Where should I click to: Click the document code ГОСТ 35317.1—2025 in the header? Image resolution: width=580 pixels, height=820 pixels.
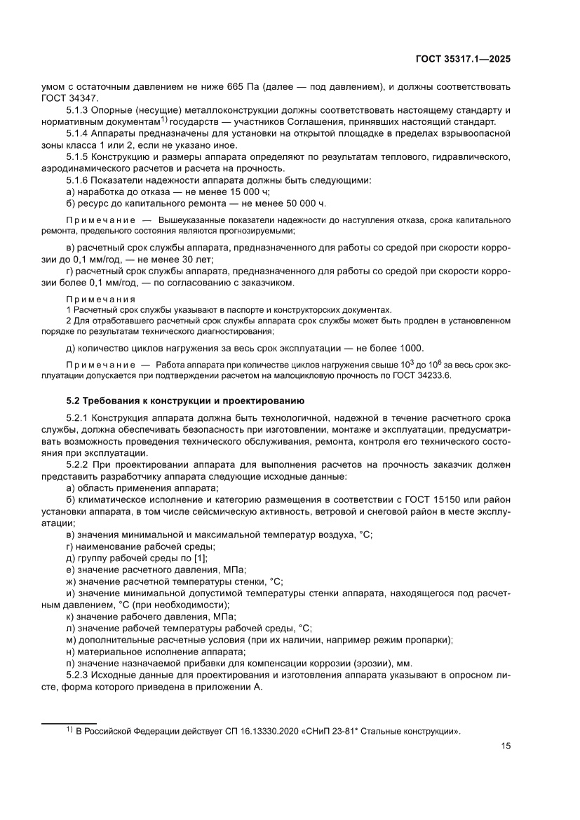(x=462, y=60)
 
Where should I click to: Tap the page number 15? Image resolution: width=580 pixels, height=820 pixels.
(x=505, y=746)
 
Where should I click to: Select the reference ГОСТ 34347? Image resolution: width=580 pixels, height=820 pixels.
(x=70, y=98)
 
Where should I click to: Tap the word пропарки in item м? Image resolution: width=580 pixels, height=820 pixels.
(x=429, y=640)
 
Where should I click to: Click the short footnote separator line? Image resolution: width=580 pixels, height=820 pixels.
(x=69, y=722)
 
